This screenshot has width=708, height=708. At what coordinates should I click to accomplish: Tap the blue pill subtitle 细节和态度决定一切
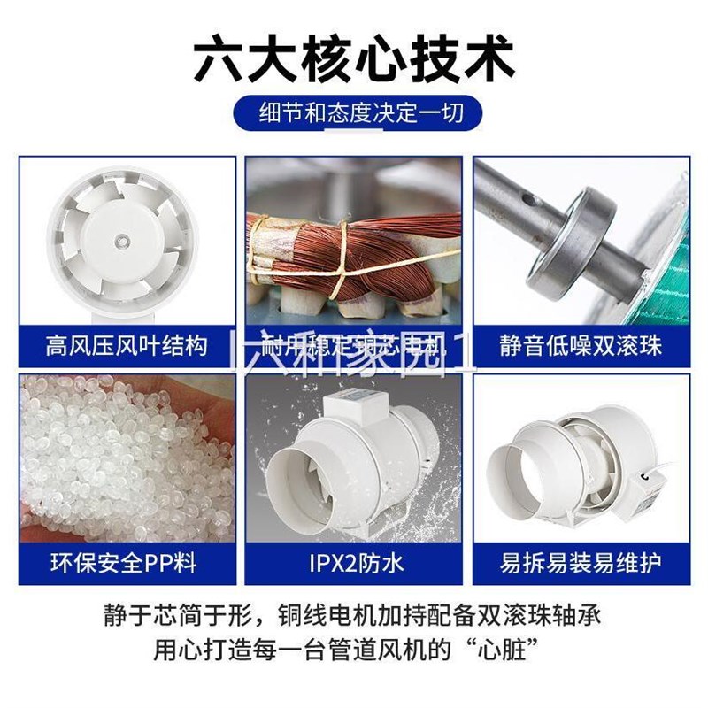pyautogui.click(x=354, y=114)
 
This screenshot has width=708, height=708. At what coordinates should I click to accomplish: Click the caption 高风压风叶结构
pyautogui.click(x=127, y=344)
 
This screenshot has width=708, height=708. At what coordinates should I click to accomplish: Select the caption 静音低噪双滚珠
pyautogui.click(x=581, y=344)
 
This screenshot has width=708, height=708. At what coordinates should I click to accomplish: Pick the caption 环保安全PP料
pyautogui.click(x=127, y=561)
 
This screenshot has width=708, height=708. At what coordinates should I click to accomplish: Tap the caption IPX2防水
pyautogui.click(x=354, y=561)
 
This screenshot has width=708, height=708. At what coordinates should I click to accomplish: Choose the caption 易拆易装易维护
pyautogui.click(x=581, y=561)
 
